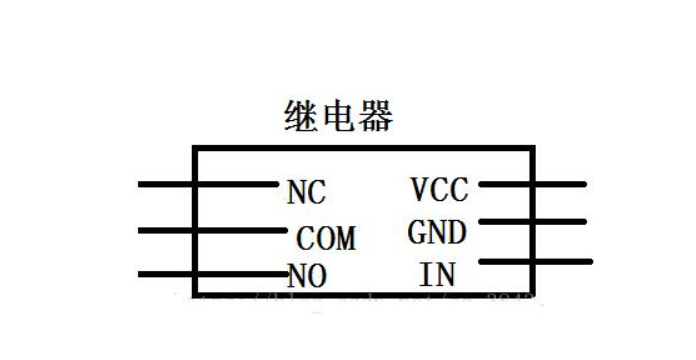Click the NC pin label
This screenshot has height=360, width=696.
pyautogui.click(x=306, y=192)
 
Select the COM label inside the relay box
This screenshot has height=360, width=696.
pyautogui.click(x=327, y=239)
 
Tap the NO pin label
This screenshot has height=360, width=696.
pyautogui.click(x=307, y=275)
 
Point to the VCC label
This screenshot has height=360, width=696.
pyautogui.click(x=439, y=188)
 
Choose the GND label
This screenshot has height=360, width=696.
pyautogui.click(x=437, y=233)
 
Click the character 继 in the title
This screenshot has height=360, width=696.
pyautogui.click(x=301, y=117)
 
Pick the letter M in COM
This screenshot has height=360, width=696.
pyautogui.click(x=345, y=239)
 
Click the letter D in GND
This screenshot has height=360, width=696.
pyautogui.click(x=456, y=233)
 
